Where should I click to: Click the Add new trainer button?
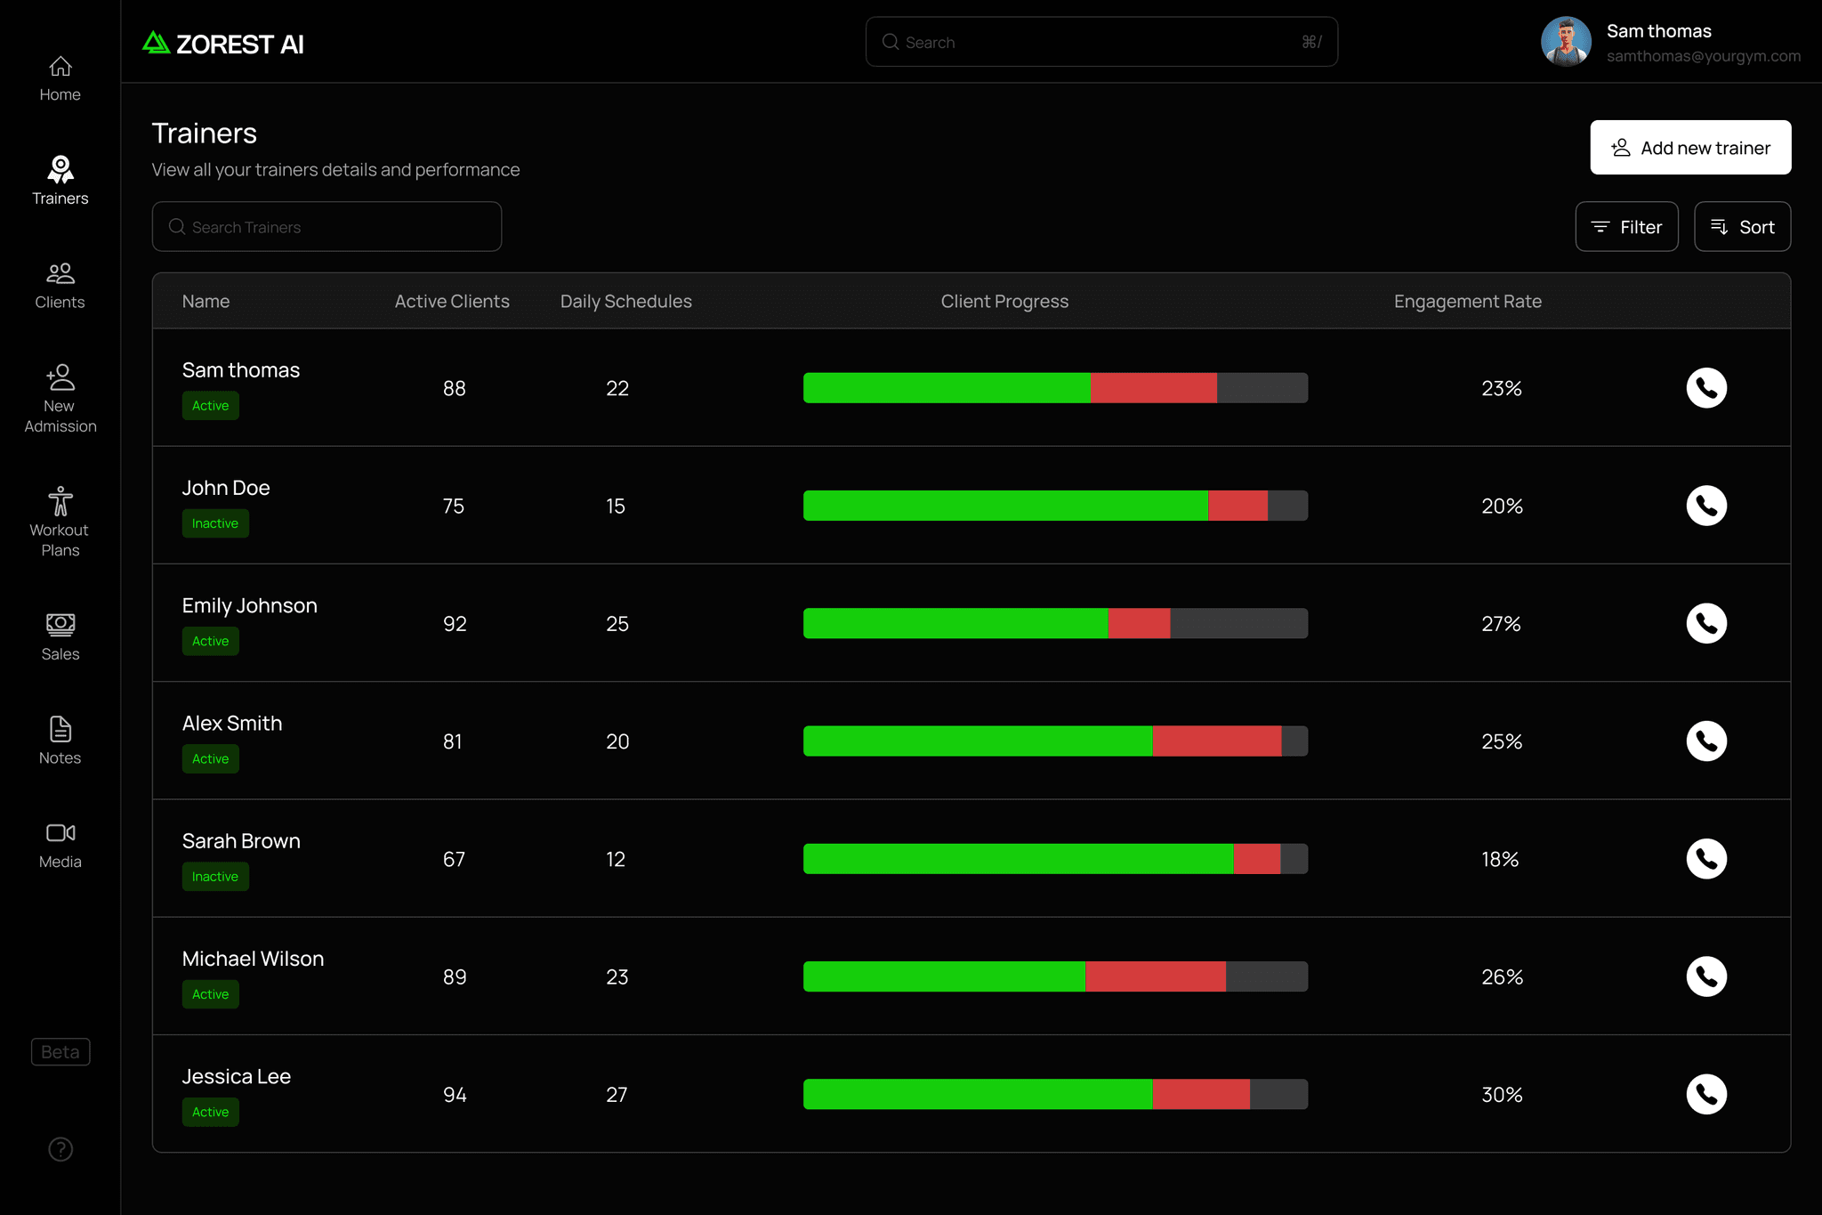(x=1690, y=148)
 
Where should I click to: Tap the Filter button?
(x=1626, y=227)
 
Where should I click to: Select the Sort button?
(x=1742, y=227)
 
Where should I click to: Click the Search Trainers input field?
(x=327, y=227)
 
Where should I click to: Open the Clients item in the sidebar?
(x=60, y=286)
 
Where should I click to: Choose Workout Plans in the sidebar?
(x=60, y=522)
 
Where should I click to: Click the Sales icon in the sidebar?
(x=60, y=625)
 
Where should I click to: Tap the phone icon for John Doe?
(x=1706, y=506)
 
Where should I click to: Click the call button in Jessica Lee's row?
(x=1706, y=1094)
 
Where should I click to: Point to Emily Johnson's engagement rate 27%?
(x=1501, y=624)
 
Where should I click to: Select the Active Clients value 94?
(x=455, y=1095)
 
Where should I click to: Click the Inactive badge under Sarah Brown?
(x=215, y=877)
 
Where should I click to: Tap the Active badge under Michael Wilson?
(x=211, y=994)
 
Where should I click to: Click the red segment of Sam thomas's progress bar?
(x=1154, y=388)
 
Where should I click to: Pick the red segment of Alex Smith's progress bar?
(x=1217, y=741)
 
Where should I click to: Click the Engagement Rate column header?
(x=1468, y=302)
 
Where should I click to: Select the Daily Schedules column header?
(x=626, y=302)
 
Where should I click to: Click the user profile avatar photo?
(x=1566, y=42)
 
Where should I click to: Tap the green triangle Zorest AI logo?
(x=156, y=43)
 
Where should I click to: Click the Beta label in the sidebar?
(x=60, y=1052)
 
